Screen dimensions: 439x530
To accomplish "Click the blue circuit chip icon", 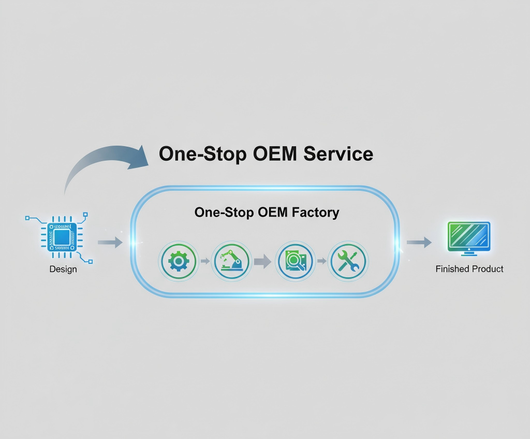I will coord(62,237).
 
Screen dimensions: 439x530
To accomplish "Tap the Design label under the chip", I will coord(63,269).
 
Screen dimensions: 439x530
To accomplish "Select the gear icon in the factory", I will coord(179,261).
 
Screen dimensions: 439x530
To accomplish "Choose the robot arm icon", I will coord(231,261).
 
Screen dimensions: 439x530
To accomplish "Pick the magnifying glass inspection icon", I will coord(295,261).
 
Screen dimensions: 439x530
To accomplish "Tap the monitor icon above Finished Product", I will coord(469,237).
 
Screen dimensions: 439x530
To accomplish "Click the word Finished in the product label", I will coord(451,269).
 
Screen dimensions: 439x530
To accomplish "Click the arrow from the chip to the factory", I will coord(110,242).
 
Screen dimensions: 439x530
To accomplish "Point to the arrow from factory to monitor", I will coord(419,242).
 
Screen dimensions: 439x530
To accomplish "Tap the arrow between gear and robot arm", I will coord(205,261).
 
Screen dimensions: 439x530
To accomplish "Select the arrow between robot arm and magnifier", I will coord(263,261).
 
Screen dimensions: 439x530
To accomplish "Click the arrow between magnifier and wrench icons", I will coord(322,261).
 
